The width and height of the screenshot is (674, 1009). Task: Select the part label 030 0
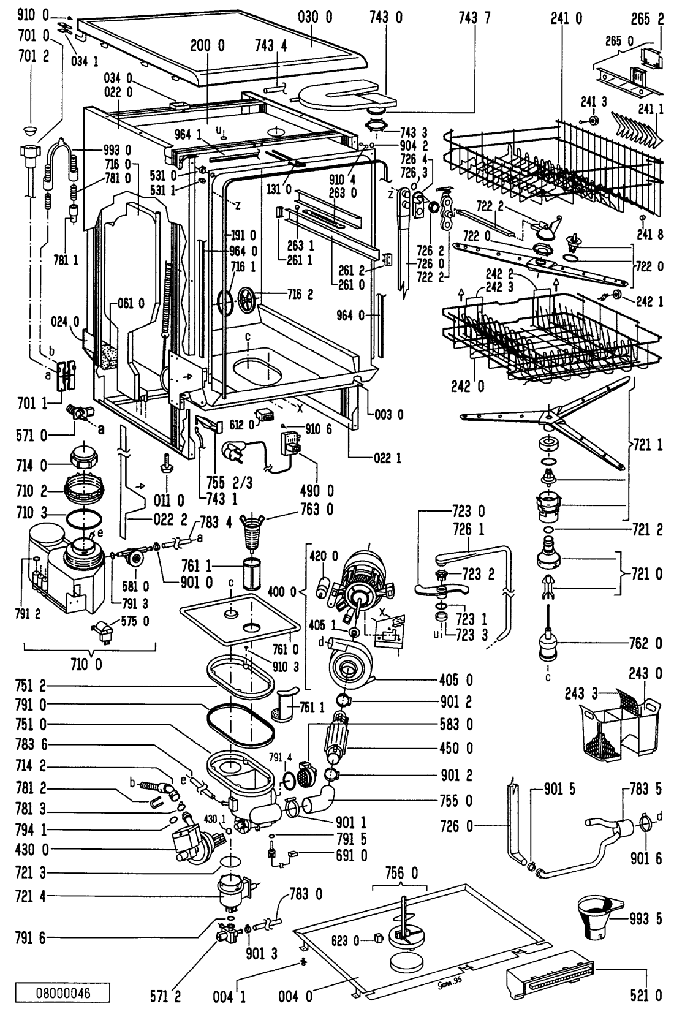pyautogui.click(x=316, y=17)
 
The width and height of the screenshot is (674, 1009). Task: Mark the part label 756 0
pyautogui.click(x=401, y=872)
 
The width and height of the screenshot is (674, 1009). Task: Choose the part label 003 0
pyautogui.click(x=388, y=415)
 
